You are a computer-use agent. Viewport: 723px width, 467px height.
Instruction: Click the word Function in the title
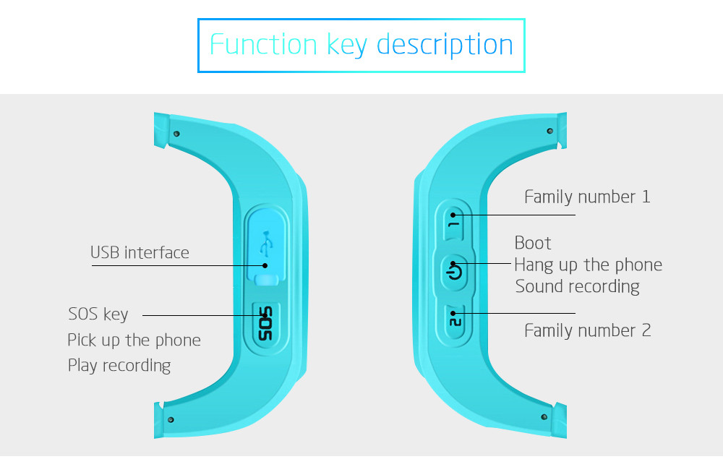coord(263,45)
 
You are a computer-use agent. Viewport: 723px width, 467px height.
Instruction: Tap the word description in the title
coord(445,45)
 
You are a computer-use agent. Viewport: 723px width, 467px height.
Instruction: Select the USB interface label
coord(140,252)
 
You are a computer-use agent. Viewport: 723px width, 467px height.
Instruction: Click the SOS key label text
coord(98,314)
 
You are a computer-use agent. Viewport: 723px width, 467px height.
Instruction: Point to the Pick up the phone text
coord(134,340)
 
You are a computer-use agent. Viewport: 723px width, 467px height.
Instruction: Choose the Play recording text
coord(119,365)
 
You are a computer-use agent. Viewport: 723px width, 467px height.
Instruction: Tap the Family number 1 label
coord(587,197)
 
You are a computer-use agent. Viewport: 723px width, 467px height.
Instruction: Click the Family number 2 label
coord(587,330)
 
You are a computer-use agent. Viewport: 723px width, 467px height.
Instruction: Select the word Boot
coord(533,243)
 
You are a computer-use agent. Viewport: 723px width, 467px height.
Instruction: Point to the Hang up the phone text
coord(588,265)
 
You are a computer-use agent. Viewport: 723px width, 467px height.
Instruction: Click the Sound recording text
coord(577,286)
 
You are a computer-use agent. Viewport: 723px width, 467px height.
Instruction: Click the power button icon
coord(454,271)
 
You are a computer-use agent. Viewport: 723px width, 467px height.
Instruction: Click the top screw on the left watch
coord(176,133)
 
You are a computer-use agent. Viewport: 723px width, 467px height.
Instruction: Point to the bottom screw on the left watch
coord(171,419)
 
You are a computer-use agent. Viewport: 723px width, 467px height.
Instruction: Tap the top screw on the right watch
coord(550,131)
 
